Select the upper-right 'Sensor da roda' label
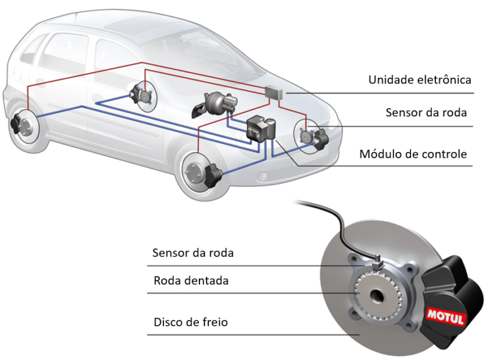(426, 113)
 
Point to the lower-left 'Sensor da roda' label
(193, 253)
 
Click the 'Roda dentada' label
(191, 280)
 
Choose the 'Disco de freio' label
(191, 322)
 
